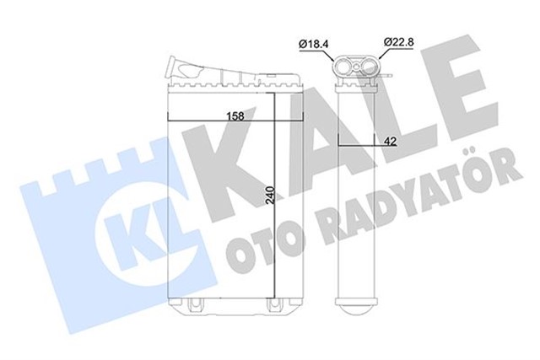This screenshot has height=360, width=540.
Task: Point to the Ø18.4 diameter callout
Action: pos(313,43)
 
